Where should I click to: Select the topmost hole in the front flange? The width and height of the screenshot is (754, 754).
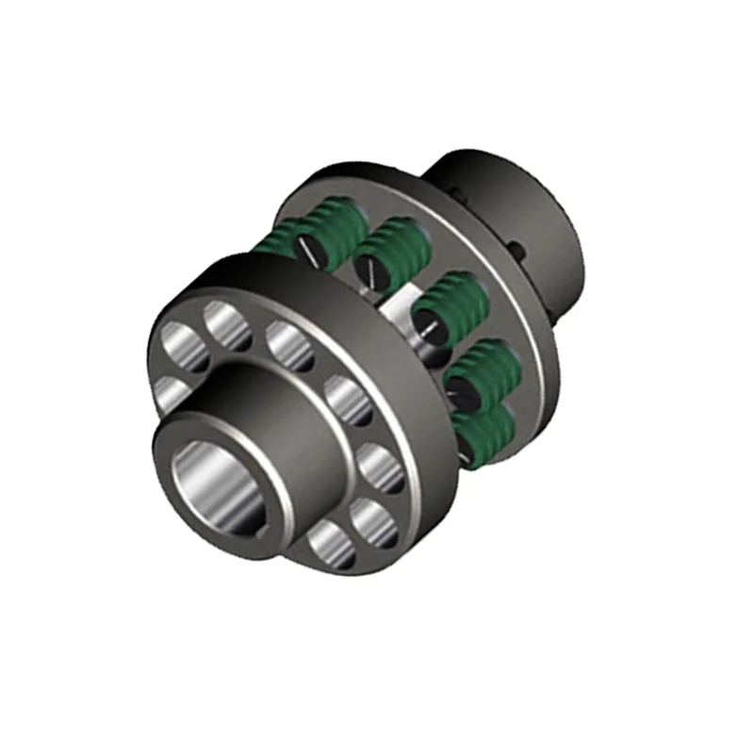(x=225, y=323)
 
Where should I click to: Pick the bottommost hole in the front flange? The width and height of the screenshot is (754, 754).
(x=328, y=545)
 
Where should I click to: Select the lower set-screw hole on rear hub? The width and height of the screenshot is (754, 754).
(x=517, y=250)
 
